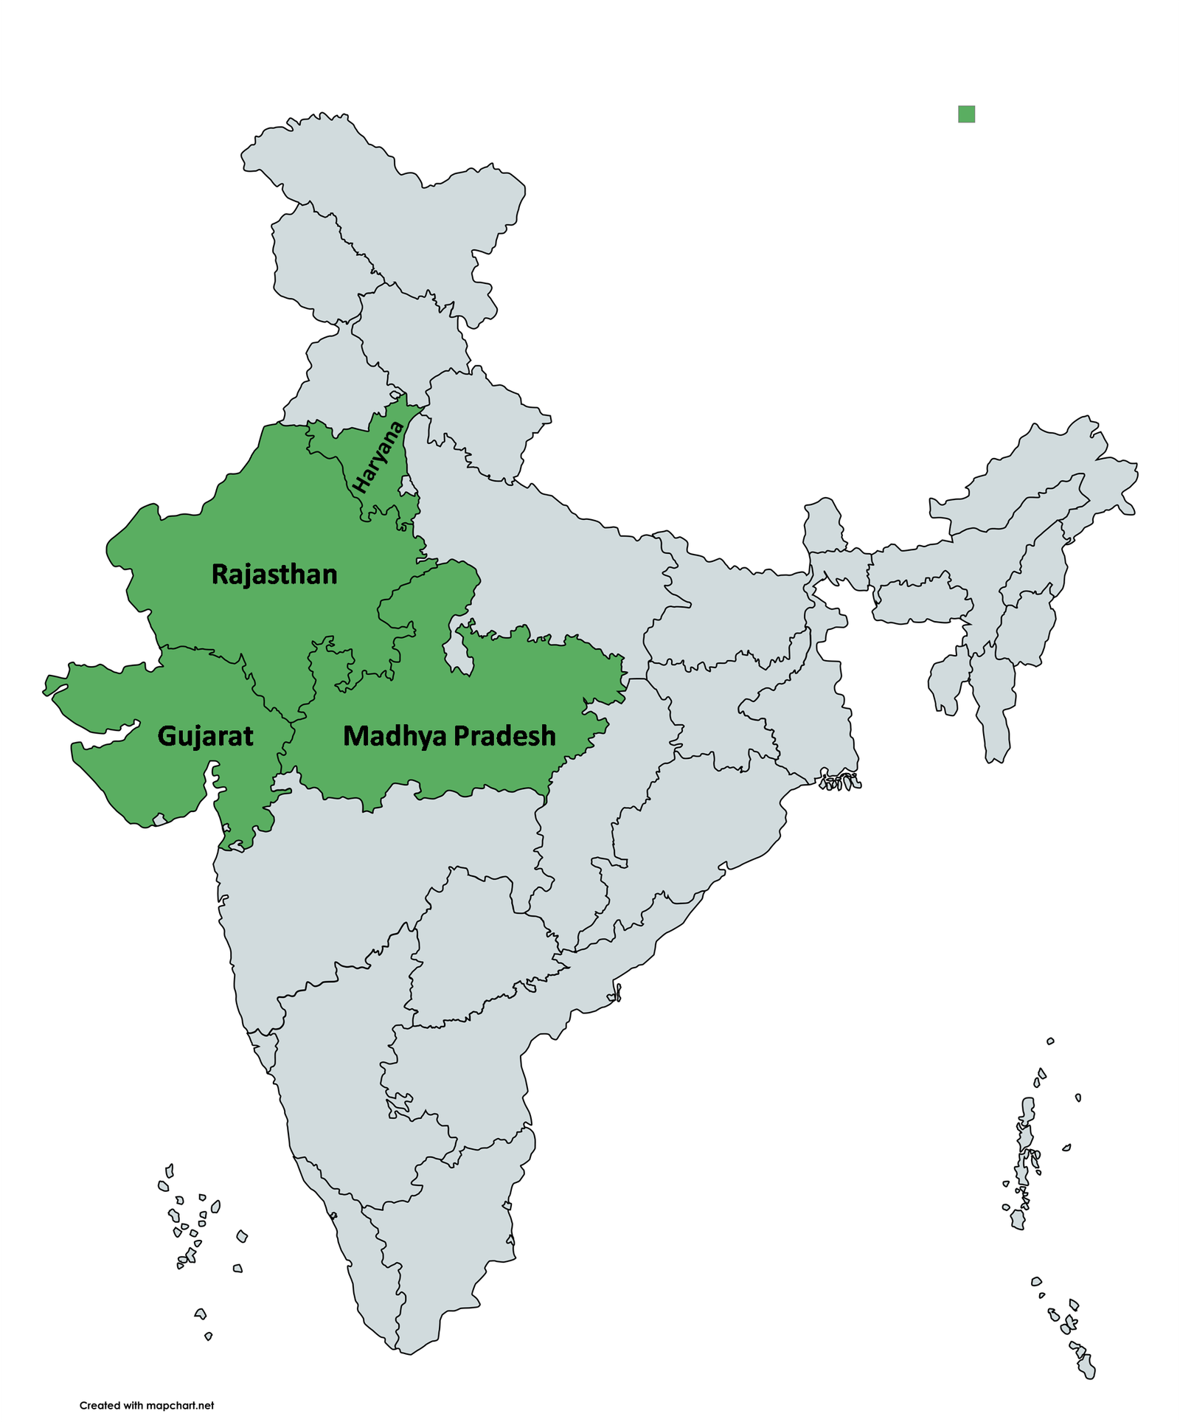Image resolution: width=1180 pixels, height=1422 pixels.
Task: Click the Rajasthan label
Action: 274,575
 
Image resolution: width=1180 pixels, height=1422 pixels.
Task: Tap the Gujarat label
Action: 205,736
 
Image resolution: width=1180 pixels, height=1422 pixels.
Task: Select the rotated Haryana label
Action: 379,457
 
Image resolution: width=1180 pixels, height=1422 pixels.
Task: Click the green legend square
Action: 966,114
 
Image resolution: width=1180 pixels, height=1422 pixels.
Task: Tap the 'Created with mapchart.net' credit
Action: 147,1405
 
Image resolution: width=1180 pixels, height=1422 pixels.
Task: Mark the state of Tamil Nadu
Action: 457,1217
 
